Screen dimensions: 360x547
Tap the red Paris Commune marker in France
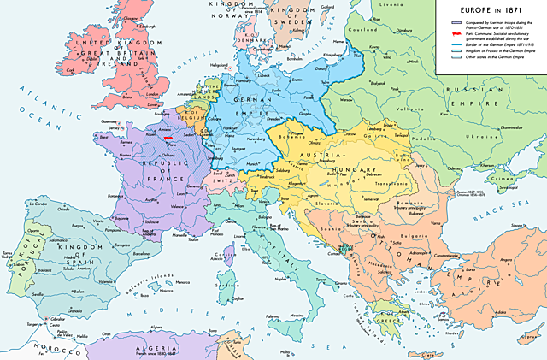pos(168,137)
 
